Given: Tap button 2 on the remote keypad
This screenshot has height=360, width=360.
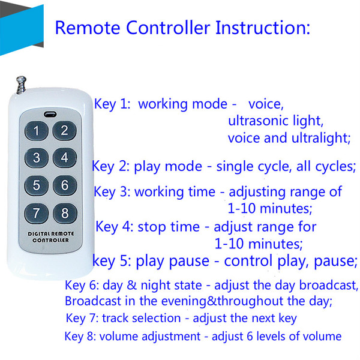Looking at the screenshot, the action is pos(65,130).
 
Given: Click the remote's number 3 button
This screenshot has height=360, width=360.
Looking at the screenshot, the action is pos(37,158).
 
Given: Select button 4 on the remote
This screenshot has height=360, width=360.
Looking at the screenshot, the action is pos(65,157).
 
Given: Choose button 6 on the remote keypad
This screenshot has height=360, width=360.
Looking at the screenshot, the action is pos(65,185).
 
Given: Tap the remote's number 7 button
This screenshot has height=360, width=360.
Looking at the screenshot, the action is pos(37,213).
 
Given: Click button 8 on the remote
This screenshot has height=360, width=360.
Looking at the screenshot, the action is pos(65,213).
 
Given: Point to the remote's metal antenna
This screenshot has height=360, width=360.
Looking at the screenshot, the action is pos(21,85).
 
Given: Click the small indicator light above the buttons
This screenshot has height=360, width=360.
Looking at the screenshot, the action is pos(50,114).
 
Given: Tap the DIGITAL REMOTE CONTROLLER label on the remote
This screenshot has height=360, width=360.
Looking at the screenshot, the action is pos(51,237).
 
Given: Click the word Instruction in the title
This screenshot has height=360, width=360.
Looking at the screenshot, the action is pos(263,28).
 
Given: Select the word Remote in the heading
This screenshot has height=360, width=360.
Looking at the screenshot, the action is pos(88,28).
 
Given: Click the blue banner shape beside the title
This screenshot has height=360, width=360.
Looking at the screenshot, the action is pos(22,30).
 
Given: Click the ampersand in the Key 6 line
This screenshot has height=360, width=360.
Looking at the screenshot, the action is pos(131,285).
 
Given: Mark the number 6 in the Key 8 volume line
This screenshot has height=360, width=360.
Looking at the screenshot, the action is pos(250,336).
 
